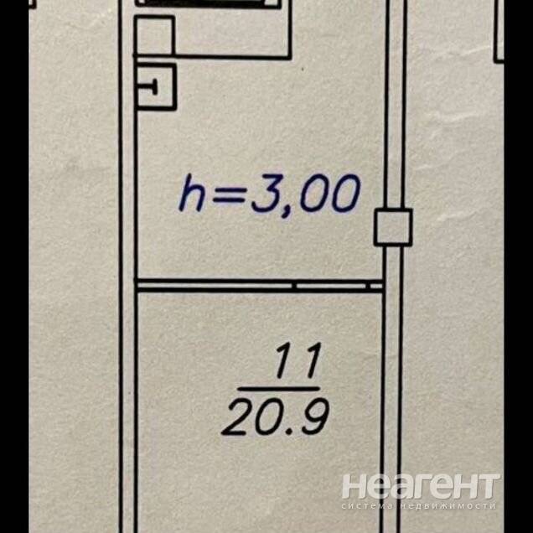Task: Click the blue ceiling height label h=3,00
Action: (x=269, y=194)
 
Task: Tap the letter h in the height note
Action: (x=192, y=194)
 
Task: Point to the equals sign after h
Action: (x=229, y=195)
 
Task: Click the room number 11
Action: (x=299, y=360)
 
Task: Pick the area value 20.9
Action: (x=276, y=417)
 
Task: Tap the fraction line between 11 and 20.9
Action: (x=279, y=389)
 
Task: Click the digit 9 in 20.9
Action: (x=315, y=417)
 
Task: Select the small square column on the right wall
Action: (x=393, y=227)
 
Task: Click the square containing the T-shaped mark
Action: (x=156, y=86)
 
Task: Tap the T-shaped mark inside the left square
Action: (x=152, y=88)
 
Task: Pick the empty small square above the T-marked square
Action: (x=154, y=35)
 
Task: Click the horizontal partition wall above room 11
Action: (x=259, y=286)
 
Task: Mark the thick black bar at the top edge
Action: (x=208, y=3)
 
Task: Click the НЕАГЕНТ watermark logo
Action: (x=421, y=486)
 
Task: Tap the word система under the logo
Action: (x=367, y=506)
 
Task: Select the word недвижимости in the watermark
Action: (x=448, y=506)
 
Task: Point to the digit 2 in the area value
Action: (x=235, y=417)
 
